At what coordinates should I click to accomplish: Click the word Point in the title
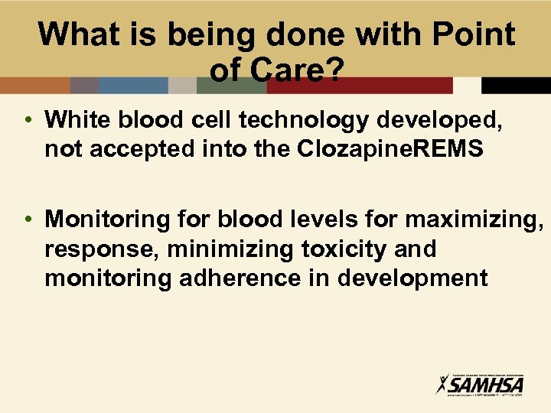474,34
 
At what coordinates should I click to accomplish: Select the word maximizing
474,220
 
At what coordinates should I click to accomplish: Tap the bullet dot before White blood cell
27,120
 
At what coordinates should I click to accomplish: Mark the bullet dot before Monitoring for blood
27,220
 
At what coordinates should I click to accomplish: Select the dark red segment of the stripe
359,85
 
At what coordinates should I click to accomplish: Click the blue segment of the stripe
133,85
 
